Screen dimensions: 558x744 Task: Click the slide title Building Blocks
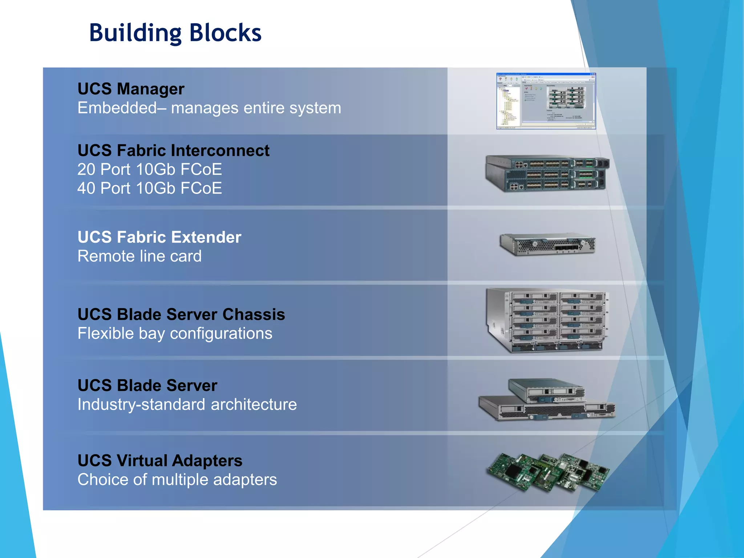[x=175, y=33]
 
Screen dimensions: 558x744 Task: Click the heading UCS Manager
[x=131, y=89]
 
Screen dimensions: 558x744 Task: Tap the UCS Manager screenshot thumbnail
[x=546, y=101]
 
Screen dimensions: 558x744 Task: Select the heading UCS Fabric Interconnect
[x=173, y=150]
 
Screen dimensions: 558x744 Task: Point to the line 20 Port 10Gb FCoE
[x=149, y=169]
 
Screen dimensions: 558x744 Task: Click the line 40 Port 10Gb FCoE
[x=149, y=188]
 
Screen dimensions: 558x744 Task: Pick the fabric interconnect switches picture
[x=547, y=174]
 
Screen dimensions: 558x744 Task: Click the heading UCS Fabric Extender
[x=159, y=237]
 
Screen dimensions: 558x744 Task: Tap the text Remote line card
[x=139, y=256]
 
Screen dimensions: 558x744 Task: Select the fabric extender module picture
[x=547, y=244]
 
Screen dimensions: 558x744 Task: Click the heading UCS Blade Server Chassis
[x=181, y=315]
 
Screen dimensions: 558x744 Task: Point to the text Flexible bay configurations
[x=175, y=333]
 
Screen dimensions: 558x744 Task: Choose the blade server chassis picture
[x=547, y=320]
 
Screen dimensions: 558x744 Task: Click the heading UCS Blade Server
[x=147, y=385]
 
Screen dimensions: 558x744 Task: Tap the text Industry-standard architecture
[x=187, y=405]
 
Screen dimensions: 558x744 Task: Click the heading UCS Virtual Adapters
[x=160, y=461]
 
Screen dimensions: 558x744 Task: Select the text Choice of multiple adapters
[x=177, y=480]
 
